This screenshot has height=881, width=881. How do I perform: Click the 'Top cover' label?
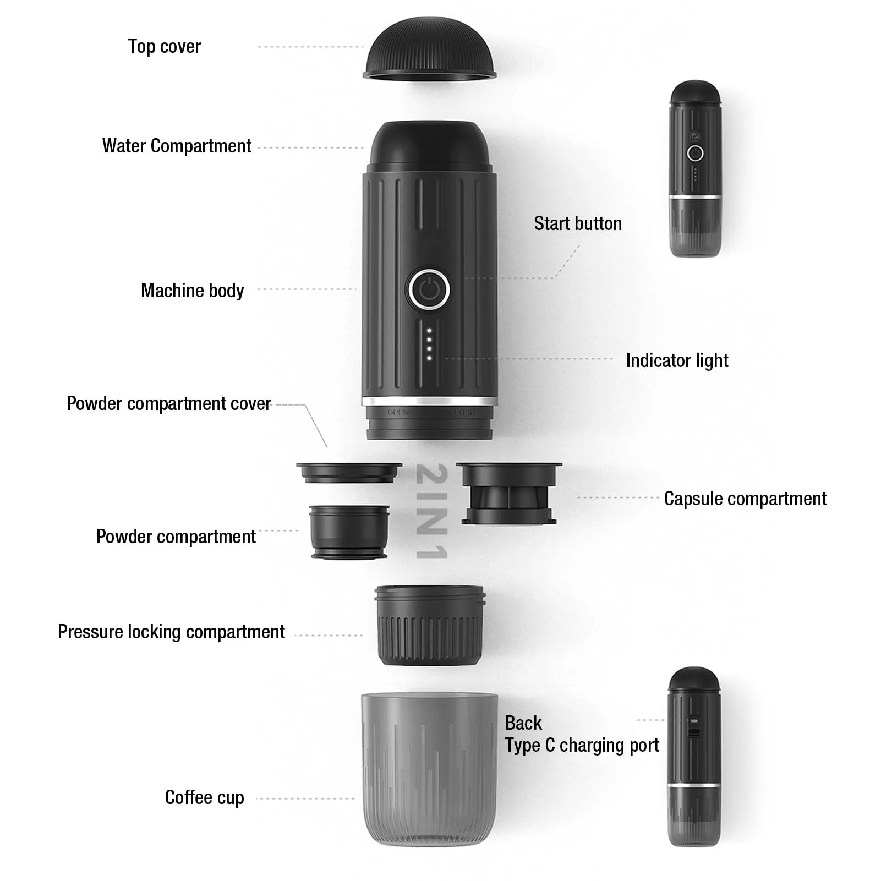click(164, 47)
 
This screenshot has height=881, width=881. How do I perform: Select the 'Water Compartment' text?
click(177, 146)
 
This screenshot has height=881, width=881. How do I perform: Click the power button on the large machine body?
click(429, 289)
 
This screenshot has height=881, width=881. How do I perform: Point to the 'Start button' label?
click(578, 223)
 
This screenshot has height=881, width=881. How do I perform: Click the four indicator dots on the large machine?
click(430, 344)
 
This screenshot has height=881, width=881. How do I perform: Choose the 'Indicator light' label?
click(677, 360)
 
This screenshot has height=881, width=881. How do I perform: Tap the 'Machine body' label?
click(192, 291)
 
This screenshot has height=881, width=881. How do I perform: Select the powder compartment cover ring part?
click(349, 473)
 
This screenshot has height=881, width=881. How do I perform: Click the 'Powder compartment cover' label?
click(169, 403)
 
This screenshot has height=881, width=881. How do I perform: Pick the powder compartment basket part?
click(349, 532)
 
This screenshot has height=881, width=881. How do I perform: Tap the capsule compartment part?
click(509, 493)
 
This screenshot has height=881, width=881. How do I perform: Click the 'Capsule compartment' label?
click(745, 499)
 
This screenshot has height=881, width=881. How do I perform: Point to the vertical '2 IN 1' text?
click(431, 511)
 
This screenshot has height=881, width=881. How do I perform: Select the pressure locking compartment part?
click(430, 626)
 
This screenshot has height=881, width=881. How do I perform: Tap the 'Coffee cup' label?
click(204, 797)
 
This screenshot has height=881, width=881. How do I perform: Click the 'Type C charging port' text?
click(582, 745)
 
